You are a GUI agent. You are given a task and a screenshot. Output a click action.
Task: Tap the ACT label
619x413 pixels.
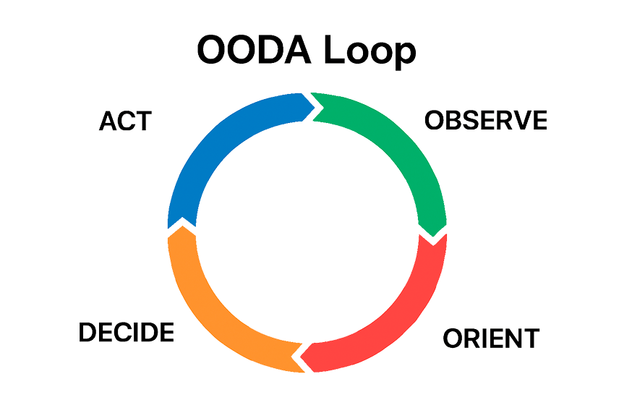tap(125, 122)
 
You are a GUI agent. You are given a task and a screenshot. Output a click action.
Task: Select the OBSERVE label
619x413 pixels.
tap(485, 121)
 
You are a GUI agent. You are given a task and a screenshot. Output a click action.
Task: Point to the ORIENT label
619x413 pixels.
tap(490, 338)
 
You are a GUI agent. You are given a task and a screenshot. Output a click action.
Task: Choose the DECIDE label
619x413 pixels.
tap(126, 333)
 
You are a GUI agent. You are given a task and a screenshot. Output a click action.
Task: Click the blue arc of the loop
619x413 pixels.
tap(217, 145)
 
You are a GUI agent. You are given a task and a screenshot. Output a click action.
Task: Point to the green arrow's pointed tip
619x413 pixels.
tap(433, 234)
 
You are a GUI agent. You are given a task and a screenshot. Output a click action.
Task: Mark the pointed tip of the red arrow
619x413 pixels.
tap(302, 356)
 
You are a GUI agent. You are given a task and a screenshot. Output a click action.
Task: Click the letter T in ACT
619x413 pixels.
tap(143, 122)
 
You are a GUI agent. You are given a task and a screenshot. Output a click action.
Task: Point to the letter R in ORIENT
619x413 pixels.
tap(469, 338)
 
